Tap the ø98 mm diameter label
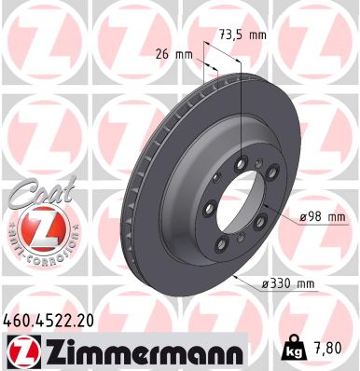point(323,217)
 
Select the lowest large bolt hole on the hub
point(223,243)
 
